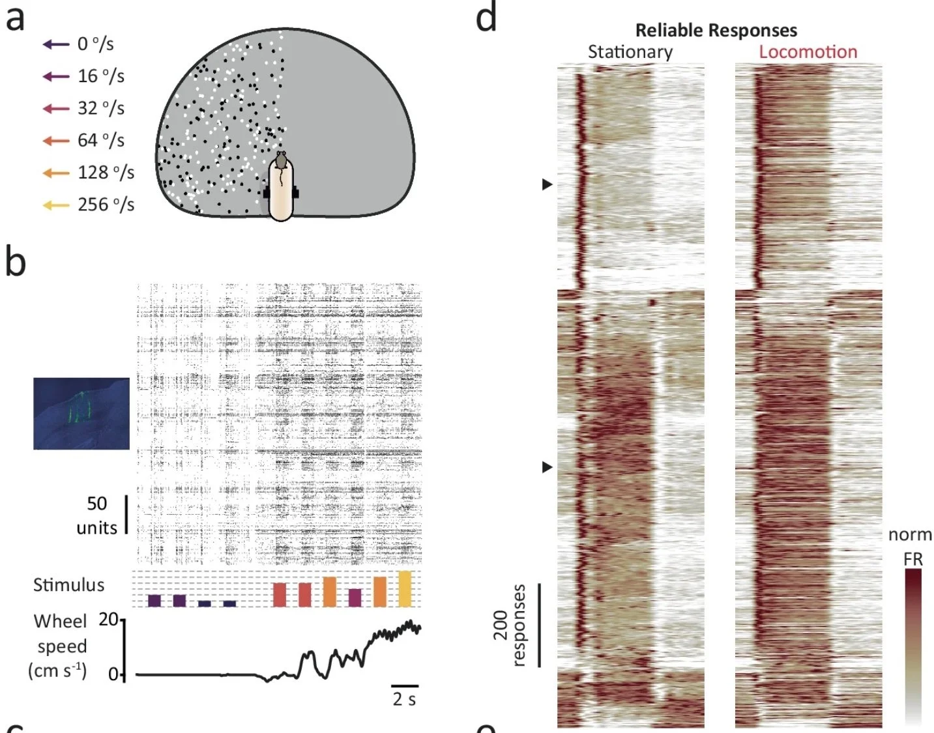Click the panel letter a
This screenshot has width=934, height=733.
pyautogui.click(x=16, y=19)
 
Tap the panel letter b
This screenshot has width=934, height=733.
pyautogui.click(x=16, y=261)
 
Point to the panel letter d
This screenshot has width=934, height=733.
pyautogui.click(x=486, y=18)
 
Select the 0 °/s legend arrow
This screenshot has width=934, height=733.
pyautogui.click(x=56, y=44)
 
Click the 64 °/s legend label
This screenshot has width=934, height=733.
pyautogui.click(x=101, y=140)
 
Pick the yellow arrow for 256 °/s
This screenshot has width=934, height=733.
pyautogui.click(x=56, y=205)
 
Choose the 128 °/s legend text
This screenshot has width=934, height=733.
pyautogui.click(x=106, y=173)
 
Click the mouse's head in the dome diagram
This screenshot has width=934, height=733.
pyautogui.click(x=281, y=160)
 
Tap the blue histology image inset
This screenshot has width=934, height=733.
pyautogui.click(x=81, y=413)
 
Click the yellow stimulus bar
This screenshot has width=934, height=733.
pyautogui.click(x=405, y=588)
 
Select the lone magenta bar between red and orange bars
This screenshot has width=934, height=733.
pyautogui.click(x=355, y=597)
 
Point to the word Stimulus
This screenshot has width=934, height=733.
pyautogui.click(x=68, y=584)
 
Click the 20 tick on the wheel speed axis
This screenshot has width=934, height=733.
pyautogui.click(x=108, y=619)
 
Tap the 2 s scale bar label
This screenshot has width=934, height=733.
pyautogui.click(x=404, y=699)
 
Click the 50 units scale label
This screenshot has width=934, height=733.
pyautogui.click(x=97, y=515)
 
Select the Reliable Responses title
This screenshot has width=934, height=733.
pyautogui.click(x=716, y=30)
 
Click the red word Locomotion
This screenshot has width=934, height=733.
pyautogui.click(x=808, y=52)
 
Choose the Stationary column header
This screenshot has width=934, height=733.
pyautogui.click(x=630, y=52)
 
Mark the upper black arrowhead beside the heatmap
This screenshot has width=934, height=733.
pyautogui.click(x=547, y=184)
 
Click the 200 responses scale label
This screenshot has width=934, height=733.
pyautogui.click(x=510, y=625)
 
